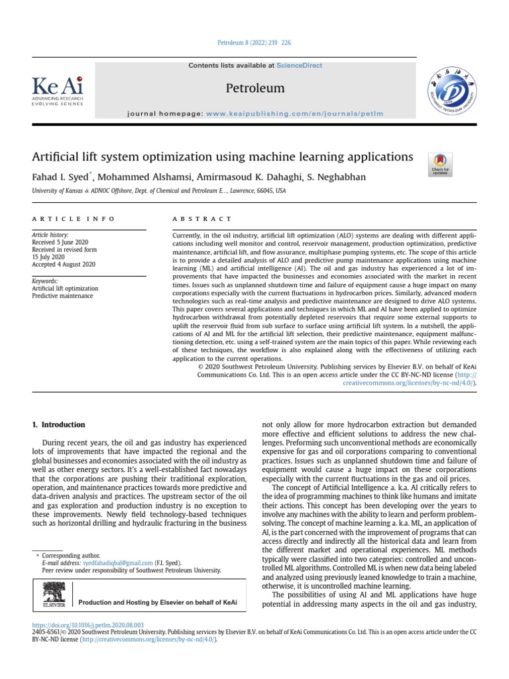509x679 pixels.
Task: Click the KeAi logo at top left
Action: [58, 92]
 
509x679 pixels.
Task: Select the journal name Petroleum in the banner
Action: [255, 88]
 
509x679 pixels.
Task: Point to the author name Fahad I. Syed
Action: [60, 178]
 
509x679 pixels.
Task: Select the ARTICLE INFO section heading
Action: [73, 219]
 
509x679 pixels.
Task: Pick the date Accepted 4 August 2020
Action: [64, 264]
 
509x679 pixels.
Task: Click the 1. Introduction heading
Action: [59, 424]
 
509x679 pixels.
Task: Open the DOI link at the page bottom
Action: [87, 625]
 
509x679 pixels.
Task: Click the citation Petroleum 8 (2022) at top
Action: [254, 43]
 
